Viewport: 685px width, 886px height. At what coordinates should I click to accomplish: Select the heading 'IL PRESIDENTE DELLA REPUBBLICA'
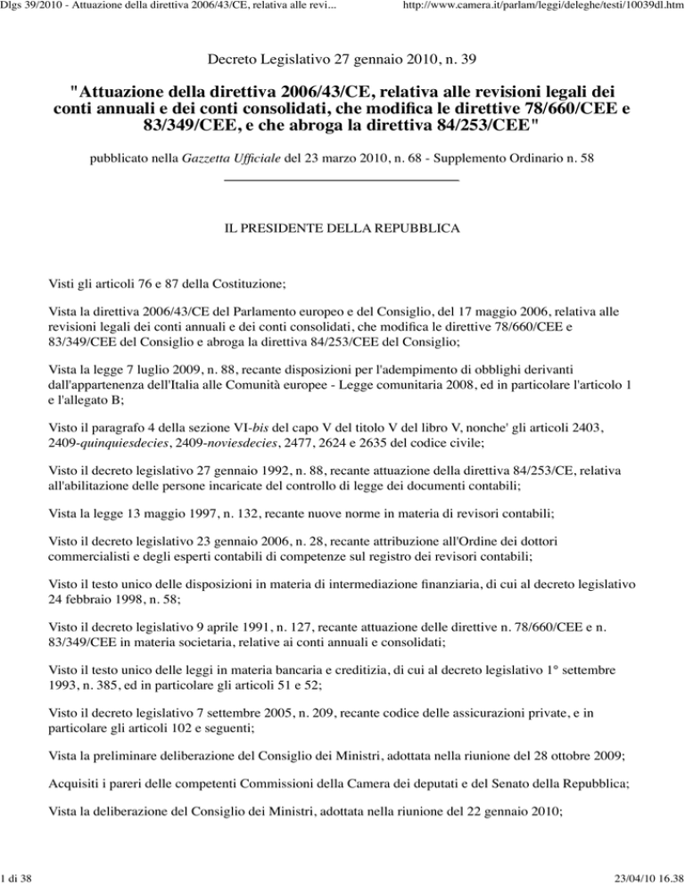342,230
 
